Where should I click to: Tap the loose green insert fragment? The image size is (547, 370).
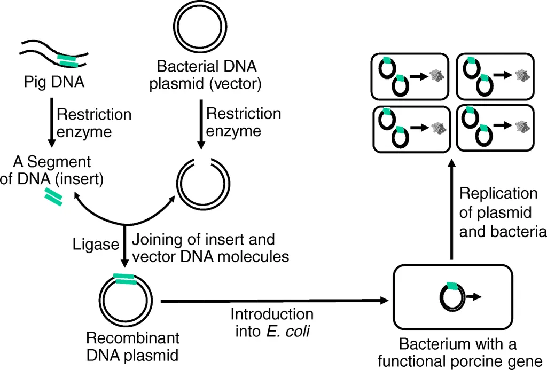[x=53, y=196]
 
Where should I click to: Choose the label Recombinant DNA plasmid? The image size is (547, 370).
[x=133, y=347]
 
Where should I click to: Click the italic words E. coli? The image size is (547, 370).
[x=288, y=331]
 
